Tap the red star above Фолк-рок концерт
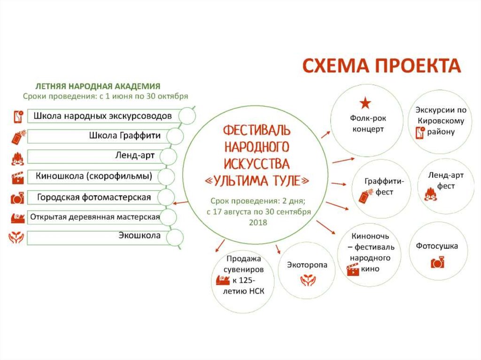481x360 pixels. tap(366, 103)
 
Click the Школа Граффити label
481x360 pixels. tap(125, 136)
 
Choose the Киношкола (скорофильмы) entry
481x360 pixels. tap(93, 176)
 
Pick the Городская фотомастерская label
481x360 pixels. tap(94, 197)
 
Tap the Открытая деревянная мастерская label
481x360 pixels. tap(95, 217)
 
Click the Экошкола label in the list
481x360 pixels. tap(140, 236)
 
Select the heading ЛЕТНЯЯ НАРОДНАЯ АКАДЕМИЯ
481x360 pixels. tap(99, 86)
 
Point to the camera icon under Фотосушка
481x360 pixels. tap(437, 262)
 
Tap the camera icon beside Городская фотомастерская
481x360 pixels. tap(17, 198)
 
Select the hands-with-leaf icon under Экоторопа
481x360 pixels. tap(308, 280)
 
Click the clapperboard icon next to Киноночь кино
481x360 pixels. tap(351, 269)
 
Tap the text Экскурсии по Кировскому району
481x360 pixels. tap(440, 121)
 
